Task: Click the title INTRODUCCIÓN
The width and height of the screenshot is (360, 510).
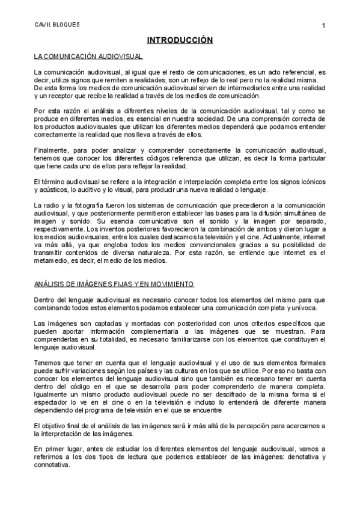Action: [180, 40]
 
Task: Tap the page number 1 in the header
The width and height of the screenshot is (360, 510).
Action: [323, 26]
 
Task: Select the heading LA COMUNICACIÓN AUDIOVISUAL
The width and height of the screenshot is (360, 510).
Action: [88, 56]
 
